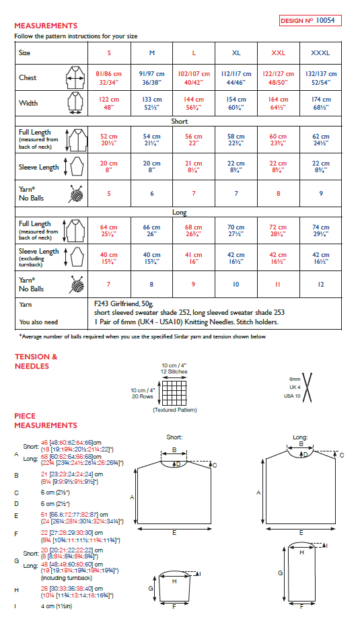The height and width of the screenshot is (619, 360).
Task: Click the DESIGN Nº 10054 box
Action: coord(310,21)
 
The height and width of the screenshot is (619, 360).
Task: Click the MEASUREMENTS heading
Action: coord(46,26)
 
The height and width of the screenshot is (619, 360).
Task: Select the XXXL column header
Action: coord(320,52)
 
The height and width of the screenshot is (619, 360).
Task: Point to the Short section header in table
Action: coord(180,122)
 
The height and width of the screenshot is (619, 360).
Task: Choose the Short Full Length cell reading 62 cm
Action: coord(320,139)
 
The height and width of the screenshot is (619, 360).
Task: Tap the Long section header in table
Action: coord(180,212)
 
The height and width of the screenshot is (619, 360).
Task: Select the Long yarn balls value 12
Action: coord(320,284)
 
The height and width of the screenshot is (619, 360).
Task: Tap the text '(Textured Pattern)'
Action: coord(172,410)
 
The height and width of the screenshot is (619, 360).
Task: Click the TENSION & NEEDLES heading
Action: coord(36,361)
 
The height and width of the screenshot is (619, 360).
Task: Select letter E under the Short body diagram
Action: coord(174,532)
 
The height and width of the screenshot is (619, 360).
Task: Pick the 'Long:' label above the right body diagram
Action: coord(301,437)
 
